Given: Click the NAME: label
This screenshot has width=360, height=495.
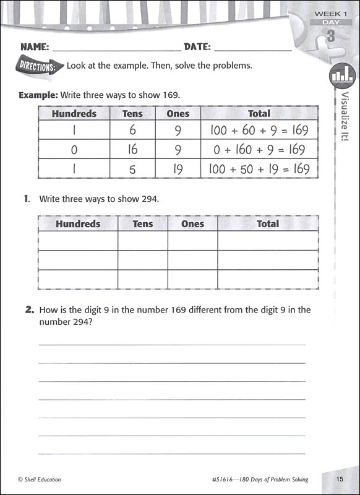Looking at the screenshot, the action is (x=35, y=46).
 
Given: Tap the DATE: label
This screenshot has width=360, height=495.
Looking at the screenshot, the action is (x=197, y=46).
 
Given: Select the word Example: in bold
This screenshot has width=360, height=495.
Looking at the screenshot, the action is (x=38, y=95).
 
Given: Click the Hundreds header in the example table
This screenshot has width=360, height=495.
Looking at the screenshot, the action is (x=74, y=113).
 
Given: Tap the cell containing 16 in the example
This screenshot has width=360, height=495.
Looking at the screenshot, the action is (x=132, y=149).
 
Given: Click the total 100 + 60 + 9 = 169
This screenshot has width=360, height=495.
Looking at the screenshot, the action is (x=259, y=131).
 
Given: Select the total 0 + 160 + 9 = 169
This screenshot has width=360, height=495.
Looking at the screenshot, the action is (x=259, y=149).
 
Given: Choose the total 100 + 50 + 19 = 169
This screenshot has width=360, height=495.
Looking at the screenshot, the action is (x=259, y=168).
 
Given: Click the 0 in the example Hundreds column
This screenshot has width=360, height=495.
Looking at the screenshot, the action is (x=74, y=149).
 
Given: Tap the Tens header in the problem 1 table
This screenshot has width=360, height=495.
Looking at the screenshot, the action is (x=143, y=224).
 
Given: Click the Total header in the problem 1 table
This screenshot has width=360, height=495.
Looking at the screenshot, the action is (x=268, y=224).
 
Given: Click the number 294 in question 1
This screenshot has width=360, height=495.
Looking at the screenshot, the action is (x=150, y=199).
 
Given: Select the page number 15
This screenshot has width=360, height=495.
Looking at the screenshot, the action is (x=340, y=479).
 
